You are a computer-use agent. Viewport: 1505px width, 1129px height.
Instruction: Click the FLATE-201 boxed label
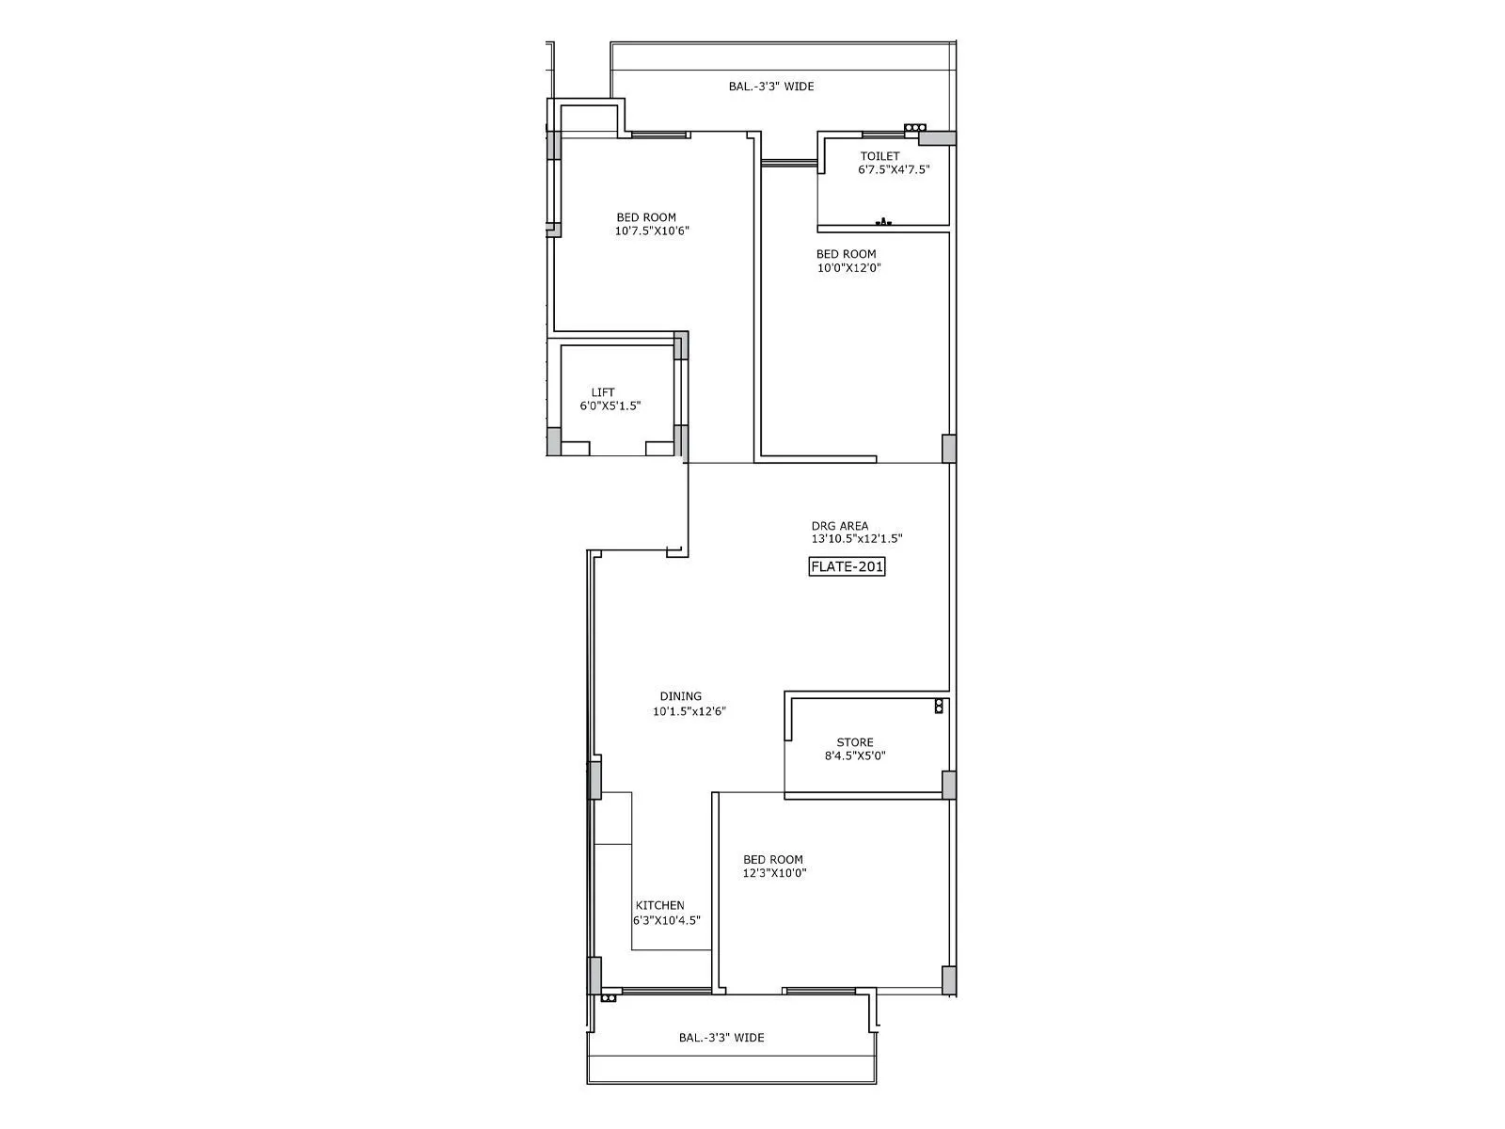[848, 566]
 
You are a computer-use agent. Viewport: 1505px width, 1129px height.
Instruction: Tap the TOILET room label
[879, 156]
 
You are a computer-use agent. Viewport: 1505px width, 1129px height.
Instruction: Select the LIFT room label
[603, 392]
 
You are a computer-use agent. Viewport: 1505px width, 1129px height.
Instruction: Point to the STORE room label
[855, 742]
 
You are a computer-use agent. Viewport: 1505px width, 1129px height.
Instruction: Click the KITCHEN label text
[659, 905]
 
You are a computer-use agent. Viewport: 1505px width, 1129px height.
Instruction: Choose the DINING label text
[680, 697]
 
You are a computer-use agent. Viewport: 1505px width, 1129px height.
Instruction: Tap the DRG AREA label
[840, 526]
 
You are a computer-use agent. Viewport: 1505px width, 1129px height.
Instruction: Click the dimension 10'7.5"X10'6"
[653, 231]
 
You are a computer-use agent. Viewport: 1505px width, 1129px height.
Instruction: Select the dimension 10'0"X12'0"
[848, 267]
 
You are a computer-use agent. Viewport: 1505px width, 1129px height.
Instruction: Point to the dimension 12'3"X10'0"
[774, 873]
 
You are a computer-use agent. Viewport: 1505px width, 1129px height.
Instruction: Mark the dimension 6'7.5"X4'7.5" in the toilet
[894, 170]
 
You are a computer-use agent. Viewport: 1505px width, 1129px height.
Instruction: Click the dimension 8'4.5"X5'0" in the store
[855, 755]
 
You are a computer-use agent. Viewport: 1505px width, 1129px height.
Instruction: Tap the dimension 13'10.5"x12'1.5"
[857, 539]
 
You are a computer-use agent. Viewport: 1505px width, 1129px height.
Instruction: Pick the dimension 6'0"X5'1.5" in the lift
[610, 405]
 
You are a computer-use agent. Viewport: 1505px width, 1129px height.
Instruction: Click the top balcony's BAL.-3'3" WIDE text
[771, 87]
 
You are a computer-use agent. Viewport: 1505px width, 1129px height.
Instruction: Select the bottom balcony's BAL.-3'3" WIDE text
[721, 1038]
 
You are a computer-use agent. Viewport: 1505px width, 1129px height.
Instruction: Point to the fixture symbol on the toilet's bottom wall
[883, 222]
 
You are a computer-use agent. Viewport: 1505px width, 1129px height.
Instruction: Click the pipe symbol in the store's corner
[938, 707]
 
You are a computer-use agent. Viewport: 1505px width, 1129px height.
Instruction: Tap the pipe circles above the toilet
[914, 127]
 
